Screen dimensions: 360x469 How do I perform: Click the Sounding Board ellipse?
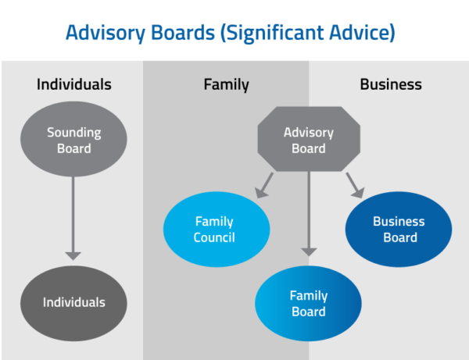coord(73,141)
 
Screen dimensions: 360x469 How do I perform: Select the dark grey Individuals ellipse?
coord(73,302)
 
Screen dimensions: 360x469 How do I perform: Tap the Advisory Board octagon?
coord(309,141)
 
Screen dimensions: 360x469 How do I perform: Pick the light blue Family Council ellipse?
coord(215,230)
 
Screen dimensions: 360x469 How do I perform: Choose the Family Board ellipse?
coord(309,304)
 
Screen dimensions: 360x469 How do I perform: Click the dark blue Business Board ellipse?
coord(399,230)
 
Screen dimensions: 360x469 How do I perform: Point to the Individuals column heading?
coord(73,84)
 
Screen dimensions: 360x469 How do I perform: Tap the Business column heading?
coord(391,84)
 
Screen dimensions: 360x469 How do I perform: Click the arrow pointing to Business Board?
coord(354,184)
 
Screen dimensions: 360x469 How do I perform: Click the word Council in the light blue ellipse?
coord(215,237)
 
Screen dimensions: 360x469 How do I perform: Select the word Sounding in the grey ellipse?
coord(73,133)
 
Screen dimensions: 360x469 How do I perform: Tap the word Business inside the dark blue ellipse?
coord(399,222)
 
